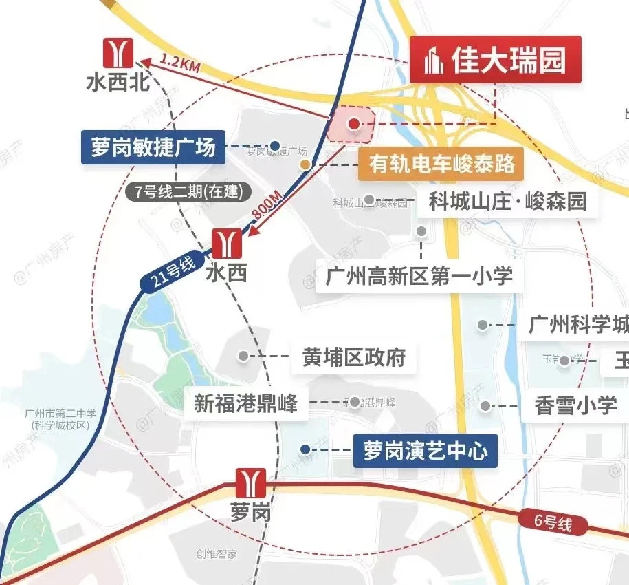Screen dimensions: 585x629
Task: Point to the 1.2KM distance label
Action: point(180,63)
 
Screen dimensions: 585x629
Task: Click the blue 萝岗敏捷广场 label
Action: point(153,147)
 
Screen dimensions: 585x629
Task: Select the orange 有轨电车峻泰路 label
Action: point(442,164)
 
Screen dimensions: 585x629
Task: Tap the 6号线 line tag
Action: point(554,523)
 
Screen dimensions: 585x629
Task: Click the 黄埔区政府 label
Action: point(354,357)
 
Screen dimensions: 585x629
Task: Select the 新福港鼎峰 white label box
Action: point(245,403)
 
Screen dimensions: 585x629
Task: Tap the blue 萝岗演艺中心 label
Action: point(425,451)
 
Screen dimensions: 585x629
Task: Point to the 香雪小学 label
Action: point(576,405)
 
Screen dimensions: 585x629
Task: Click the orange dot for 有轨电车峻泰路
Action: point(305,164)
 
